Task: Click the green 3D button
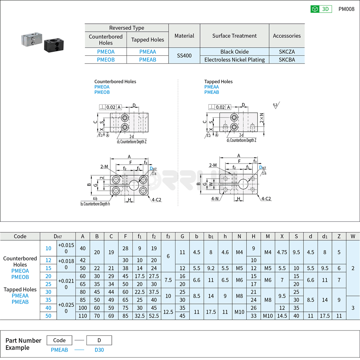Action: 321,9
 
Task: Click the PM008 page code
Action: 346,9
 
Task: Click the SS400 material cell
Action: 184,56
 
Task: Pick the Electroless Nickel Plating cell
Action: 234,59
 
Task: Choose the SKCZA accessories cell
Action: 286,51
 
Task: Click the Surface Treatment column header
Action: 234,36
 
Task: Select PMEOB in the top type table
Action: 106,59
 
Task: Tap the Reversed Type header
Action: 127,28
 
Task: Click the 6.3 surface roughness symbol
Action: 275,105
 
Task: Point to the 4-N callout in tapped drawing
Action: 215,198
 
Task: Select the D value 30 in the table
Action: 48,291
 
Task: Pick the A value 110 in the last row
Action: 83,316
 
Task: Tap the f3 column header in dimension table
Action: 168,236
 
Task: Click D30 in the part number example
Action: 99,350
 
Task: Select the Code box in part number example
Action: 59,340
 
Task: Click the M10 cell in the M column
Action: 268,316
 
